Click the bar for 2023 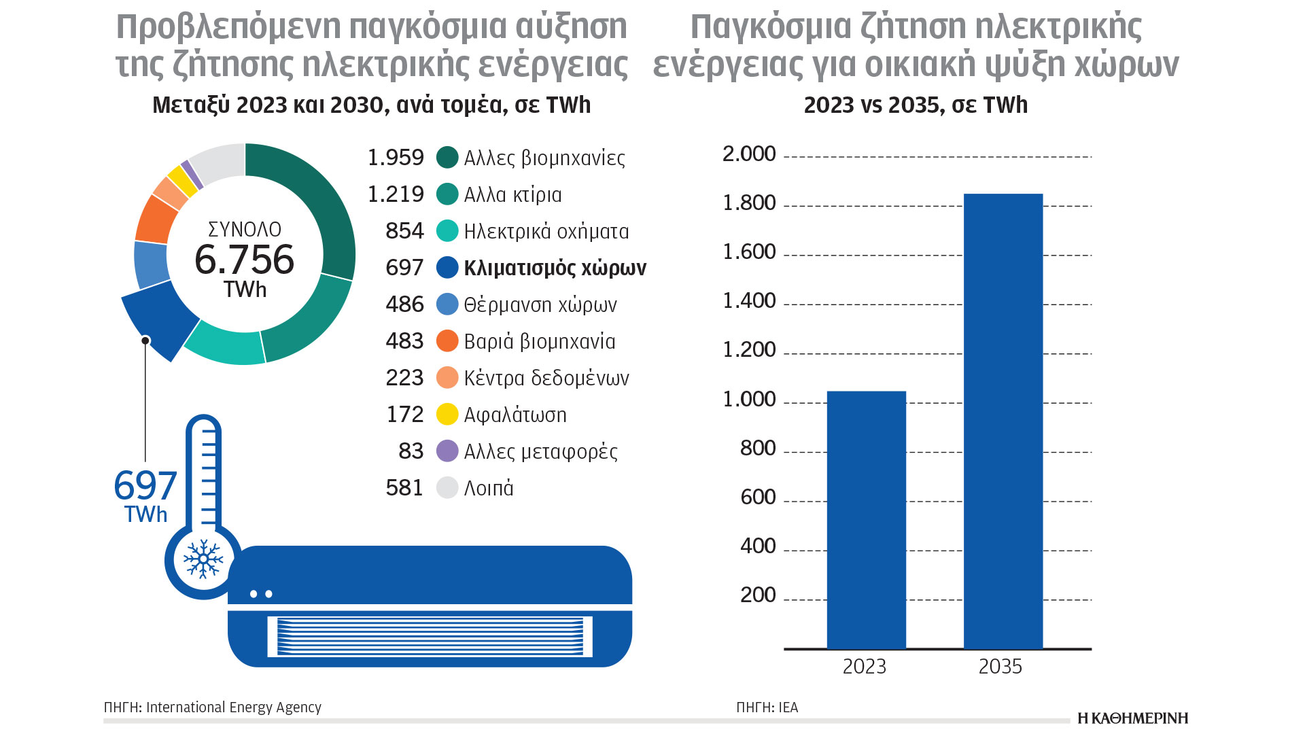pos(866,520)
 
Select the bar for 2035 pos(1003,421)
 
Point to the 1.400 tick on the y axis pos(749,300)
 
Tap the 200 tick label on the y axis pos(758,595)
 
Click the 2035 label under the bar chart pos(1000,667)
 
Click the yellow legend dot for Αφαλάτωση pos(447,415)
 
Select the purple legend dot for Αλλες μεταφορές pos(447,451)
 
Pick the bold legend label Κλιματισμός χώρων pos(555,268)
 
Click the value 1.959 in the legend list pos(396,158)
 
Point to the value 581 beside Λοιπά pos(404,488)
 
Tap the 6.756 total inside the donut pos(245,260)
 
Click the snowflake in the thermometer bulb pos(203,559)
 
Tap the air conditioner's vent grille pos(430,636)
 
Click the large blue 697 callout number pos(145,485)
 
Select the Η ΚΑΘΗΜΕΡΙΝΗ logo pos(1132,718)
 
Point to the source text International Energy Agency pos(233,707)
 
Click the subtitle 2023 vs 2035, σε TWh pos(916,105)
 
